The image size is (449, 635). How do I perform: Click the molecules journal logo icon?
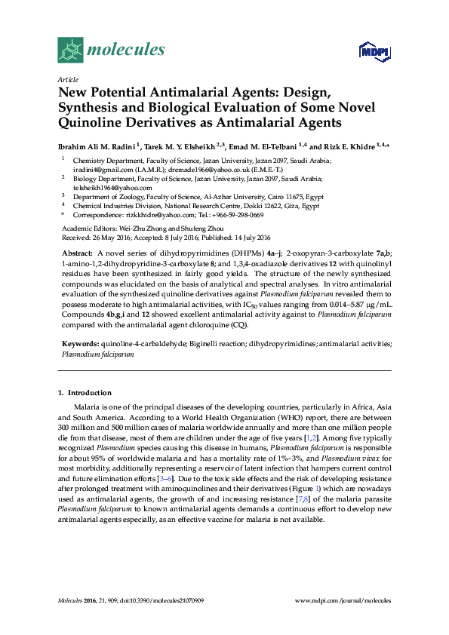70,50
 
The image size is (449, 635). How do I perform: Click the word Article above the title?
67,79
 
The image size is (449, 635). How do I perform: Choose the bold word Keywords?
80,343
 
